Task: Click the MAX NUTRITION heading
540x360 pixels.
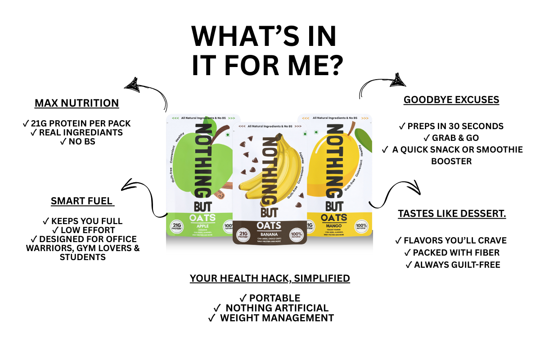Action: click(77, 103)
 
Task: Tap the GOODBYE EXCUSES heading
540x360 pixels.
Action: click(451, 99)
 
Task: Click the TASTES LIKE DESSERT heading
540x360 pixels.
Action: click(452, 214)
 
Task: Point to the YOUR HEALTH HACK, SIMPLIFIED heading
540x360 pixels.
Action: click(270, 278)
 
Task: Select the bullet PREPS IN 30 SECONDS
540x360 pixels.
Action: click(451, 126)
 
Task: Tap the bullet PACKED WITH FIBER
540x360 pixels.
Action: click(452, 252)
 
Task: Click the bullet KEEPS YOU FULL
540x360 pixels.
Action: click(82, 221)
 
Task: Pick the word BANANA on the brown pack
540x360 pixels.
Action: click(269, 234)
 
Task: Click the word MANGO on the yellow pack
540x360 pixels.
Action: click(333, 227)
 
